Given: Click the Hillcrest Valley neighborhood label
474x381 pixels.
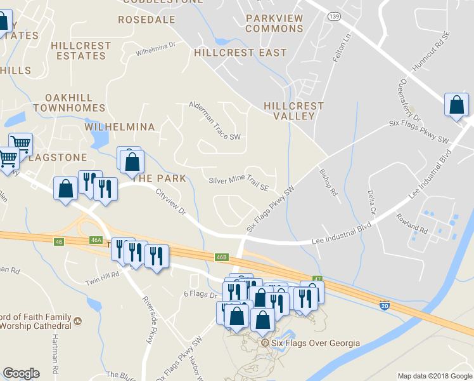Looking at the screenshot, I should (x=293, y=111).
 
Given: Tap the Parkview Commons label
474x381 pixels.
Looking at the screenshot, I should (x=274, y=23).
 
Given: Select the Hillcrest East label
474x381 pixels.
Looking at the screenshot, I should (x=241, y=53).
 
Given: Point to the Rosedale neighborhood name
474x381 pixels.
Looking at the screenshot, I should (x=146, y=20).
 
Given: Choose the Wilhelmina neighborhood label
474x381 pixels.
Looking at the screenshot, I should (x=120, y=127).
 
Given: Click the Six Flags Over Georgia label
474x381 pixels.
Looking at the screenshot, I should (x=315, y=344).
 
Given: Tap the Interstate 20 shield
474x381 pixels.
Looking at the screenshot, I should (x=385, y=306).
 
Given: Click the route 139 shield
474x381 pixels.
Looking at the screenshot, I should (x=334, y=15).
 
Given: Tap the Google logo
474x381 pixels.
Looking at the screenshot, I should (x=21, y=373).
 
